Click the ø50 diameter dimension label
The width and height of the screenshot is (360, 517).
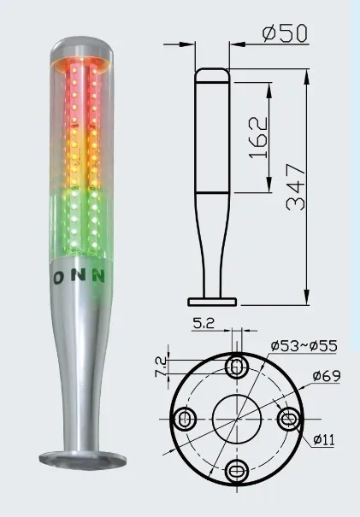285,33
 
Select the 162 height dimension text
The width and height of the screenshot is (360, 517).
258,138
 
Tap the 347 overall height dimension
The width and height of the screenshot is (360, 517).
296,187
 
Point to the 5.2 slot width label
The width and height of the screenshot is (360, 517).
204,323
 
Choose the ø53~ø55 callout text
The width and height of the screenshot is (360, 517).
304,346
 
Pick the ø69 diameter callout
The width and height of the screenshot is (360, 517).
327,375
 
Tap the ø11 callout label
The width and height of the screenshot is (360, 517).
324,439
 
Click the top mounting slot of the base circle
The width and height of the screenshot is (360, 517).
237,366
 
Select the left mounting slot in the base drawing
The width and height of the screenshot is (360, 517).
185,419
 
